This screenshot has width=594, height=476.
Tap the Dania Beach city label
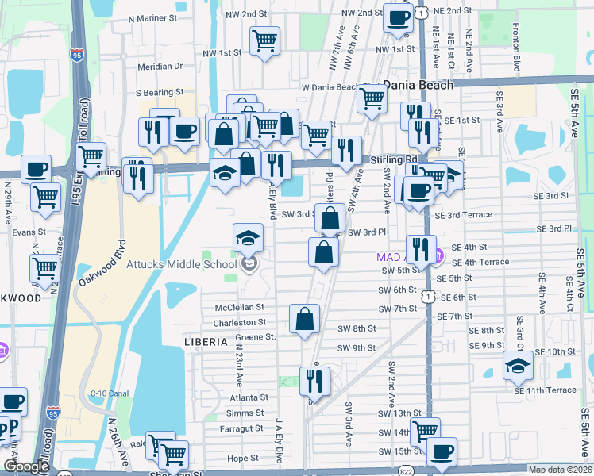point(418,84)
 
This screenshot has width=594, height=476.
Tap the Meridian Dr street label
point(160,67)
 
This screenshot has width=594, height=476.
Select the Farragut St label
point(244,428)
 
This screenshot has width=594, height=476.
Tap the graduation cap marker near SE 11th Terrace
point(518,365)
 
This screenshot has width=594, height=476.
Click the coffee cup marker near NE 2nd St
point(399,17)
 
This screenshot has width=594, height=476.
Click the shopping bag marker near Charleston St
point(305,320)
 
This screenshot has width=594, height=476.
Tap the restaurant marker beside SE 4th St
point(421,249)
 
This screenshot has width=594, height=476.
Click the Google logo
point(26,467)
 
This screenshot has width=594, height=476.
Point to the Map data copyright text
point(559,469)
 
